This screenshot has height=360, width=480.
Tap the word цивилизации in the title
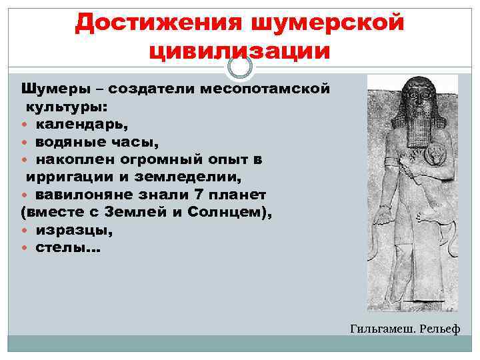239,51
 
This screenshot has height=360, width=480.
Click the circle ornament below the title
240,66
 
